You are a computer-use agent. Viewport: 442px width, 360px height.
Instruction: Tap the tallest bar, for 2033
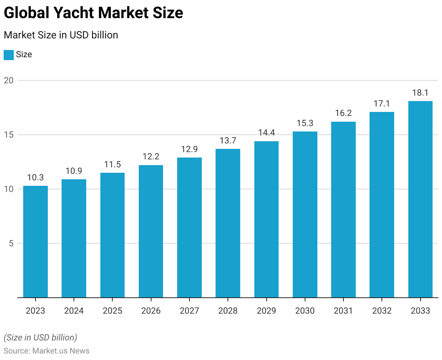click(x=420, y=199)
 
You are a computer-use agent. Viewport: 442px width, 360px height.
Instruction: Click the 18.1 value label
click(x=420, y=93)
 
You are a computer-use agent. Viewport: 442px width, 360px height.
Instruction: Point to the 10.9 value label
click(x=74, y=171)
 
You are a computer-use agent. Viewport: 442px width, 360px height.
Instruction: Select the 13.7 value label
click(x=228, y=141)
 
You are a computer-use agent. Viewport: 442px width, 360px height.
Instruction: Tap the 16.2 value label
click(x=343, y=113)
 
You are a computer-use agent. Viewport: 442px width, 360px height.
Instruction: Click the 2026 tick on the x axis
click(x=151, y=311)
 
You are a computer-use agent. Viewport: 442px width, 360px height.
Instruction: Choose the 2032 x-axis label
click(x=382, y=311)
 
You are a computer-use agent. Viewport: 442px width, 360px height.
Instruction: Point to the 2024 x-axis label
click(x=74, y=311)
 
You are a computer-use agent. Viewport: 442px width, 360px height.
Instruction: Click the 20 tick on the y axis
click(x=9, y=80)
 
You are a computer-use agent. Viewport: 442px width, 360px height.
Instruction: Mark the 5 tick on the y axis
click(x=11, y=243)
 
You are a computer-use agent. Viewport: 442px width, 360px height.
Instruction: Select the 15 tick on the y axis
click(x=9, y=135)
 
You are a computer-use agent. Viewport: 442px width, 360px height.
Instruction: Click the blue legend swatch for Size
click(x=9, y=55)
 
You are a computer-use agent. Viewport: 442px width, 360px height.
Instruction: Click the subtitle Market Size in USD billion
click(x=61, y=35)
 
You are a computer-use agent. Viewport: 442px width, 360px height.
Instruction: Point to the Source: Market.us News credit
click(x=46, y=351)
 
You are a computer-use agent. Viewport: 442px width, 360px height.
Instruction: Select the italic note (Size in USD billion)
click(x=40, y=338)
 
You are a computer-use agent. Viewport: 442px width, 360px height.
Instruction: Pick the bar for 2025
click(x=112, y=235)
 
